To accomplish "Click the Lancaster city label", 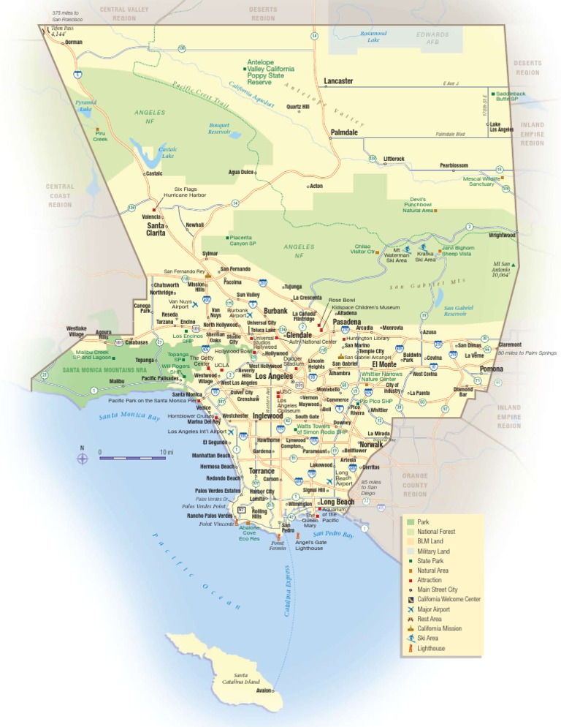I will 338,81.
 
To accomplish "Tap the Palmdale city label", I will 344,132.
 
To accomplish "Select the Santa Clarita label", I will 156,229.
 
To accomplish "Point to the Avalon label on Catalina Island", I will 264,690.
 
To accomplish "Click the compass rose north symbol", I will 83,459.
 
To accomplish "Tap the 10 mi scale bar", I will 133,458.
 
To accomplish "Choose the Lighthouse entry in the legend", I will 430,648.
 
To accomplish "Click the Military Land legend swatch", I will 411,551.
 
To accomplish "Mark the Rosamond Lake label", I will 373,37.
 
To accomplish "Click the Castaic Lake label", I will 167,152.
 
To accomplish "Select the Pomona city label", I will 492,369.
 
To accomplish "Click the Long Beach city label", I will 337,502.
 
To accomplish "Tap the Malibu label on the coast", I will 116,381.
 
